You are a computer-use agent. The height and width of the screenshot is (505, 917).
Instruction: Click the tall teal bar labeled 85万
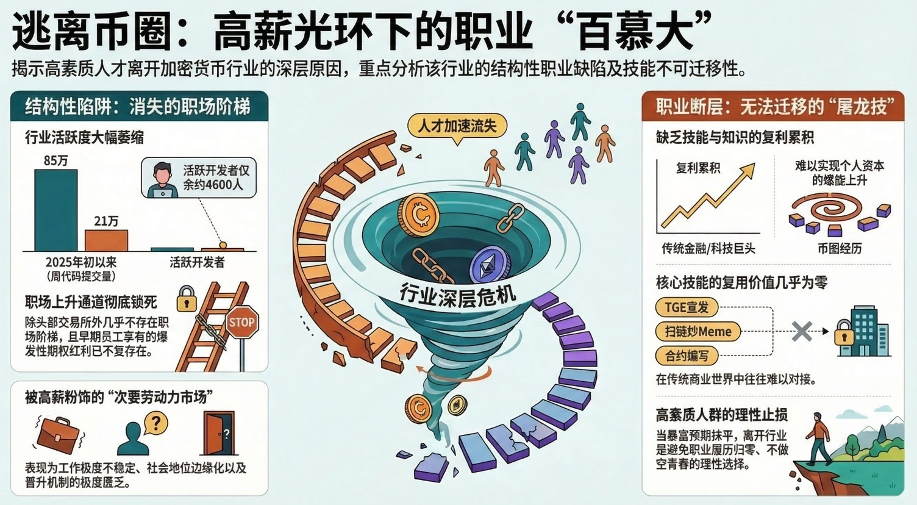pos(55,210)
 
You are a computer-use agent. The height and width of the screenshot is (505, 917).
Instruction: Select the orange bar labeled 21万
pos(107,240)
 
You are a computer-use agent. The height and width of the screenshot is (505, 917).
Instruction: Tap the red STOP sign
pos(242,322)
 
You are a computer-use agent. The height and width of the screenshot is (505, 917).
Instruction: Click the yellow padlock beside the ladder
pos(187,298)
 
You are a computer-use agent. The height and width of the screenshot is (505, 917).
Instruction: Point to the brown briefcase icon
pos(58,436)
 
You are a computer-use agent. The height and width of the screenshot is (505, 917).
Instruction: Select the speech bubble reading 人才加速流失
pos(457,127)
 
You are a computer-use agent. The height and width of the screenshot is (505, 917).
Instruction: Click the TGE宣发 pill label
pos(687,307)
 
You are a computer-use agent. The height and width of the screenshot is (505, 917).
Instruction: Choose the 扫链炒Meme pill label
pos(698,331)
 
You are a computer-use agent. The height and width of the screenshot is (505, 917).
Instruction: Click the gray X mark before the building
pos(802,331)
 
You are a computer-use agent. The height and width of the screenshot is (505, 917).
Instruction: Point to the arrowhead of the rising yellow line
pos(749,170)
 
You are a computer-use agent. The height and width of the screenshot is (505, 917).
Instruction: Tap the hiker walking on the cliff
pos(817,439)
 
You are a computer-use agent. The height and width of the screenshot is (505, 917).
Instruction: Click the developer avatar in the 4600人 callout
pos(163,180)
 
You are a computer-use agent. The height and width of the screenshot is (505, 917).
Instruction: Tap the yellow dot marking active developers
pos(223,245)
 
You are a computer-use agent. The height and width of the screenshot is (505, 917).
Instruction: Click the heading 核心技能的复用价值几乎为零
pos(741,282)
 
